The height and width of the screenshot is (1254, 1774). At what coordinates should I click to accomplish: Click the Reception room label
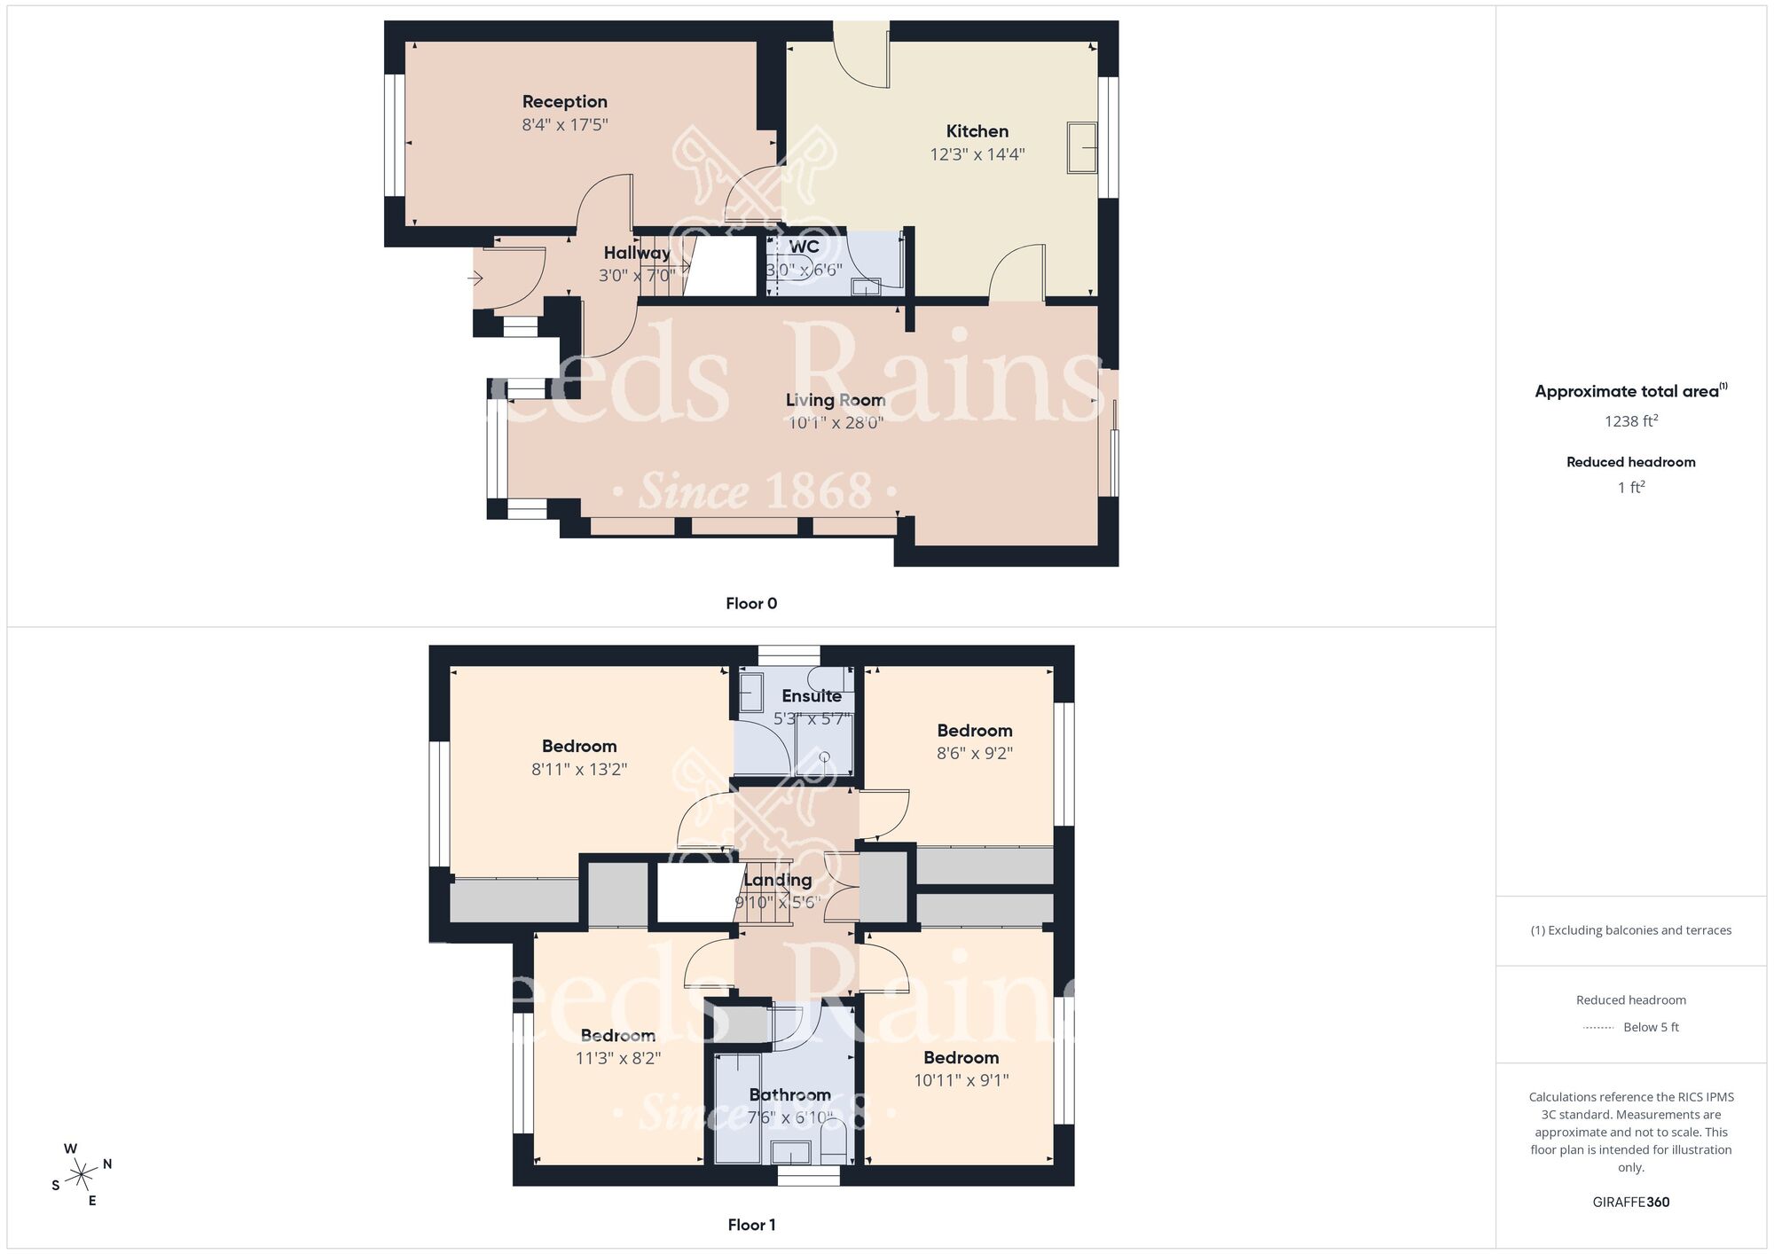tap(564, 102)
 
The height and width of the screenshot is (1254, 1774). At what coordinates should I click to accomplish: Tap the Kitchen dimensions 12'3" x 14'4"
tap(977, 154)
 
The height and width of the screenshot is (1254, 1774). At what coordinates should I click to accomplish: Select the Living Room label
tap(835, 400)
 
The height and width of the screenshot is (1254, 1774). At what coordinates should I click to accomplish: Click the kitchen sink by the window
tap(1081, 147)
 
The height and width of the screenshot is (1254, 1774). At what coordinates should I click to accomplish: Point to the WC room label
tap(804, 247)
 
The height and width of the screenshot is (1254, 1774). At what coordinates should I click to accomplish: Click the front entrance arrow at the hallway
tap(475, 278)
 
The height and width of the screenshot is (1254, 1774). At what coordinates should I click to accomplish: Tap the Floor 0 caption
tap(751, 604)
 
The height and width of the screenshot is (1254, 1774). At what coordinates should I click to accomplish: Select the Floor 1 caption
tap(751, 1225)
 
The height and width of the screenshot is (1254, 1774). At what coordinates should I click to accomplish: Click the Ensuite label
tap(811, 696)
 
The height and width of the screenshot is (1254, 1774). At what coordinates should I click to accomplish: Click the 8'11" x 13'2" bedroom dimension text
tap(579, 770)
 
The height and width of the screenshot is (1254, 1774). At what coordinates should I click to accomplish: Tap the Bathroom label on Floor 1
tap(789, 1095)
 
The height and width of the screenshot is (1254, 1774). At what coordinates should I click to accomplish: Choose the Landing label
tap(777, 880)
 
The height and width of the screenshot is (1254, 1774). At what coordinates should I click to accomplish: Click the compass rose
tap(82, 1175)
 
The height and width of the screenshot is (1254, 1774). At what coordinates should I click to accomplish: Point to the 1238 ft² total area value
tap(1630, 421)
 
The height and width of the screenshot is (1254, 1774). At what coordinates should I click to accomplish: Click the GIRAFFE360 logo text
tap(1630, 1203)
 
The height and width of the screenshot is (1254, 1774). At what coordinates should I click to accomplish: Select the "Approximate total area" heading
tap(1627, 392)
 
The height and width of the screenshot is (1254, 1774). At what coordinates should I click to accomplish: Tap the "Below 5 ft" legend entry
tap(1650, 1027)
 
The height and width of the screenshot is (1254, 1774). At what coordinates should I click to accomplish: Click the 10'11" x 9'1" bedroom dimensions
tap(961, 1080)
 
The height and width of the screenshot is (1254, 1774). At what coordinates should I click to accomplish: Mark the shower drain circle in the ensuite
tap(824, 756)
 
